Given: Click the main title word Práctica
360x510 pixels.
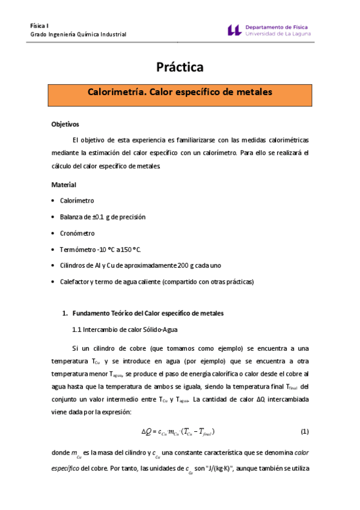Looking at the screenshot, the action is [180, 67].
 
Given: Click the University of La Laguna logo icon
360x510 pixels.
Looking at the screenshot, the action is [235, 30].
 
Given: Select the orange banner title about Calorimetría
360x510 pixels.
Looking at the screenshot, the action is [180, 93].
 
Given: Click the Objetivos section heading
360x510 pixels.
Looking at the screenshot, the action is [65, 124].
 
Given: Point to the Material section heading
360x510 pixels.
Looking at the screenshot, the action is [63, 185].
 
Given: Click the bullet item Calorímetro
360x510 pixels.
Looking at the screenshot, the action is [77, 201].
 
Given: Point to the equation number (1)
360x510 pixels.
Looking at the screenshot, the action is [304, 432].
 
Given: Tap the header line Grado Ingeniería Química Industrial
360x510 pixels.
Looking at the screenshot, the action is [78, 35].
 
